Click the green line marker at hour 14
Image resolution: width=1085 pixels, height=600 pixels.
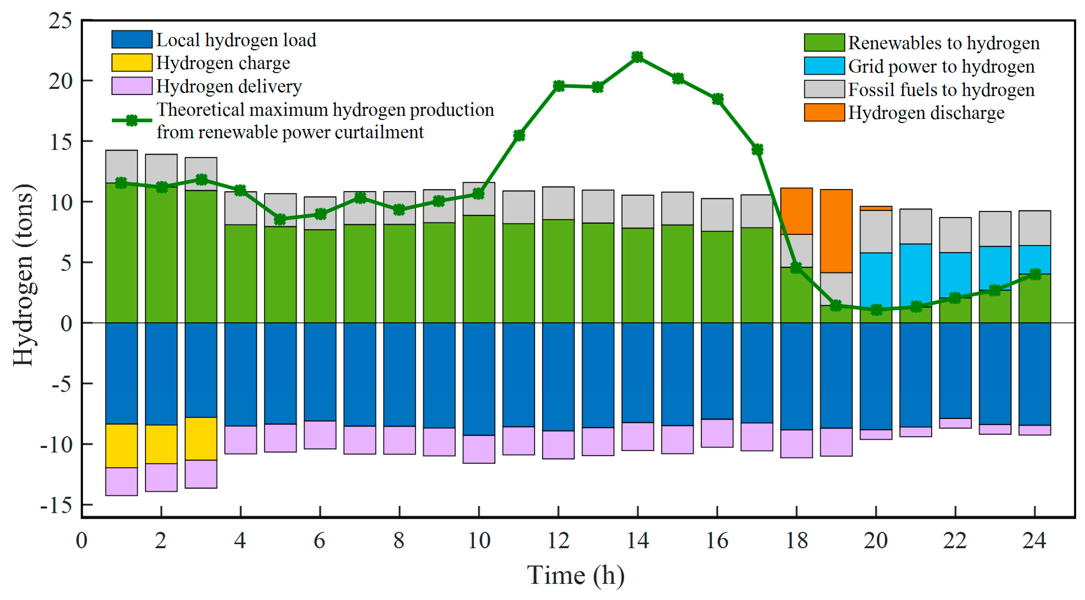coord(637,57)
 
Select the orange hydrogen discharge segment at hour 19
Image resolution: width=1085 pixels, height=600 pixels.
coord(836,231)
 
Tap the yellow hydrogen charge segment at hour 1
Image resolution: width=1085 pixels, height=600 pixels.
coord(121,446)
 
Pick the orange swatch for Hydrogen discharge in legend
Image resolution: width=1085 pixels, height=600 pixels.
coord(824,113)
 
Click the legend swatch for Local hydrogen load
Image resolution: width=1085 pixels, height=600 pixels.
coord(132,39)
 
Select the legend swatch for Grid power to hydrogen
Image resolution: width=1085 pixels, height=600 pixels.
coord(824,66)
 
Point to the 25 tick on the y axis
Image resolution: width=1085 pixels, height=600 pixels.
coord(60,21)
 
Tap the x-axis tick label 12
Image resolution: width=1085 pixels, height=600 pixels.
coord(558,541)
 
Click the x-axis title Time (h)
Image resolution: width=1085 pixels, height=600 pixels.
coord(575,576)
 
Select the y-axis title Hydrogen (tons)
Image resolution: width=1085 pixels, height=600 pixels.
coord(24,276)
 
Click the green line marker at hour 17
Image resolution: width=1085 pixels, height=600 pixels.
coord(757,150)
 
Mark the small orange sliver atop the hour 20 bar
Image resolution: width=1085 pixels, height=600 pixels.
coord(876,208)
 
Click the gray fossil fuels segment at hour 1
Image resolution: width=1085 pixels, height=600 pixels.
coord(121,166)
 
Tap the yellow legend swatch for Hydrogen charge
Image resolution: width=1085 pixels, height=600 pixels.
coord(132,63)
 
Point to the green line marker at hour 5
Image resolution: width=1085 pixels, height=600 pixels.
coord(280,219)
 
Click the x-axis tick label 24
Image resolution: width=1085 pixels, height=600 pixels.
coord(1034,541)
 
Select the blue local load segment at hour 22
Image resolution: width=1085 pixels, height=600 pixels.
coord(955,370)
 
